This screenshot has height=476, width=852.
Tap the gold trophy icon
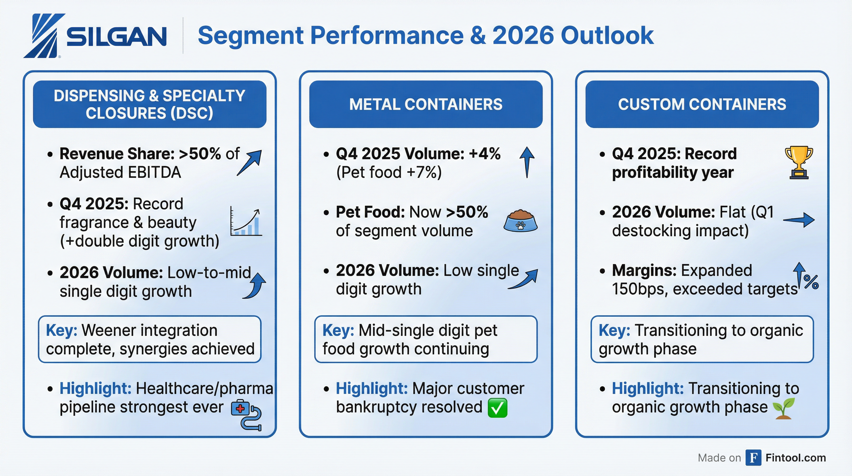point(799,162)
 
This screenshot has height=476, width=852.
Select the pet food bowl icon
point(520,220)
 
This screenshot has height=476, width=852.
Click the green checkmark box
point(498,408)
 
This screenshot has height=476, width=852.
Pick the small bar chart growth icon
point(246,223)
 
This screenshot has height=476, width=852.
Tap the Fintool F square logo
point(754,458)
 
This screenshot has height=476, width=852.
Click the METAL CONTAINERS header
point(426,104)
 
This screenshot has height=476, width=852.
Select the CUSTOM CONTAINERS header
point(702,104)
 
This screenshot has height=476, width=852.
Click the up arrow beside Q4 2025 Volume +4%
point(527,162)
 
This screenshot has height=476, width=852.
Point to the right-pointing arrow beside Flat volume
point(799,220)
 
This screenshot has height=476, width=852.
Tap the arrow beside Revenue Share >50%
point(250,162)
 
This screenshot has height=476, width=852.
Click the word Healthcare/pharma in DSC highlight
point(204,389)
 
